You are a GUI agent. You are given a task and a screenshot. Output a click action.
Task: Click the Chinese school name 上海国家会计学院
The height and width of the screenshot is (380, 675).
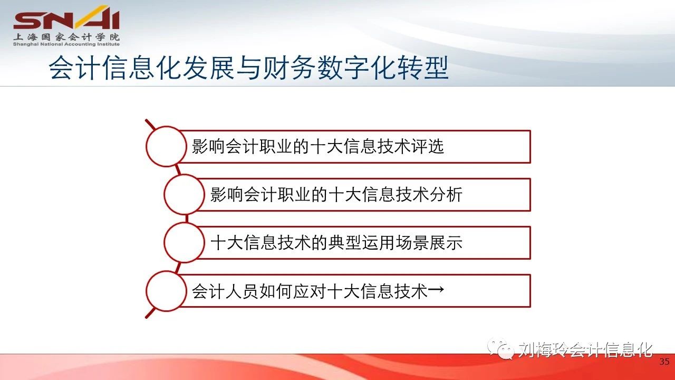pyautogui.click(x=66, y=37)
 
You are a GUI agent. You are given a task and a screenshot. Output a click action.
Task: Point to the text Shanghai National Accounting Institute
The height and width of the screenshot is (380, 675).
pyautogui.click(x=66, y=44)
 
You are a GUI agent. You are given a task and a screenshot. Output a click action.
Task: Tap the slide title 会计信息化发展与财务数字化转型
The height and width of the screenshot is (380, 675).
pyautogui.click(x=248, y=68)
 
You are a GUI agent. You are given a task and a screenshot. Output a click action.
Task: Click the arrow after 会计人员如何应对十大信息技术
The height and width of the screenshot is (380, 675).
pyautogui.click(x=436, y=290)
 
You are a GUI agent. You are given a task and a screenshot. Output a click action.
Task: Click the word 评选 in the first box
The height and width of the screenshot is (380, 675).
pyautogui.click(x=427, y=147)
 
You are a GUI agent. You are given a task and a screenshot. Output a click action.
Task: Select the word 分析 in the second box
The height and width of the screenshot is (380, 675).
pyautogui.click(x=446, y=195)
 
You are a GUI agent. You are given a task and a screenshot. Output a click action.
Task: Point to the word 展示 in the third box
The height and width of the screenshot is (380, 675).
pyautogui.click(x=446, y=243)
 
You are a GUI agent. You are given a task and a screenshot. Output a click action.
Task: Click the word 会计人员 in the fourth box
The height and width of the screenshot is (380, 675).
pyautogui.click(x=225, y=291)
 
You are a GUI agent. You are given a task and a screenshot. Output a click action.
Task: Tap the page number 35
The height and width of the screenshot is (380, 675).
pyautogui.click(x=664, y=362)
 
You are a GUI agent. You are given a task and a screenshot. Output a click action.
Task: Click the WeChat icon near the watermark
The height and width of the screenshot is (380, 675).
pyautogui.click(x=501, y=349)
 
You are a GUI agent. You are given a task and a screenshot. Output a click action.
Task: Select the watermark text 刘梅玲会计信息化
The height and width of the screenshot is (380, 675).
pyautogui.click(x=585, y=350)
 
